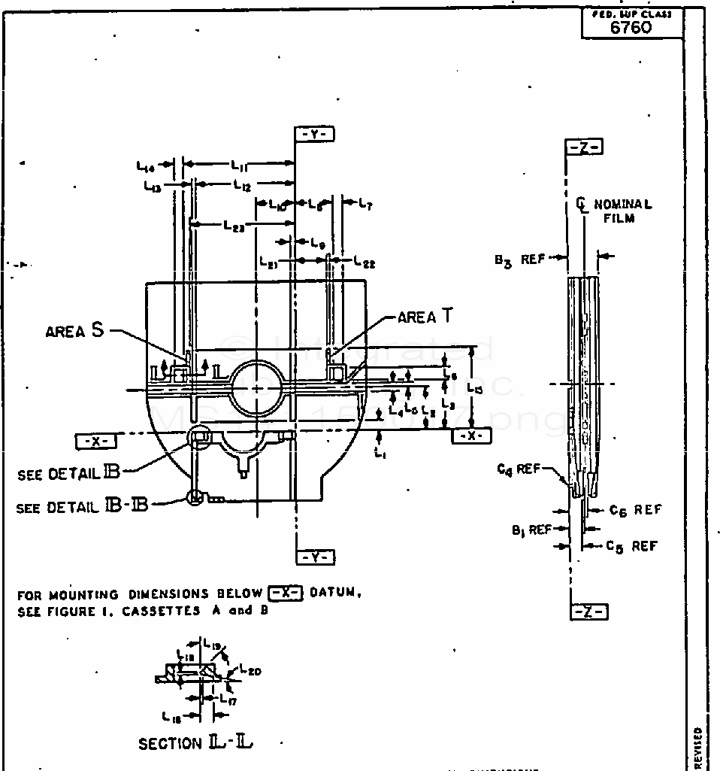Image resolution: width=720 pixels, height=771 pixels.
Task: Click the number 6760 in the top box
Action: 631,29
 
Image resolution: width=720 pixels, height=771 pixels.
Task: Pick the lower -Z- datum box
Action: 588,612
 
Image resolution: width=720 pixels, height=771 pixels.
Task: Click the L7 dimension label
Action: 365,203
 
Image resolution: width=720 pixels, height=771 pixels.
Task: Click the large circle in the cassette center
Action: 256,388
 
